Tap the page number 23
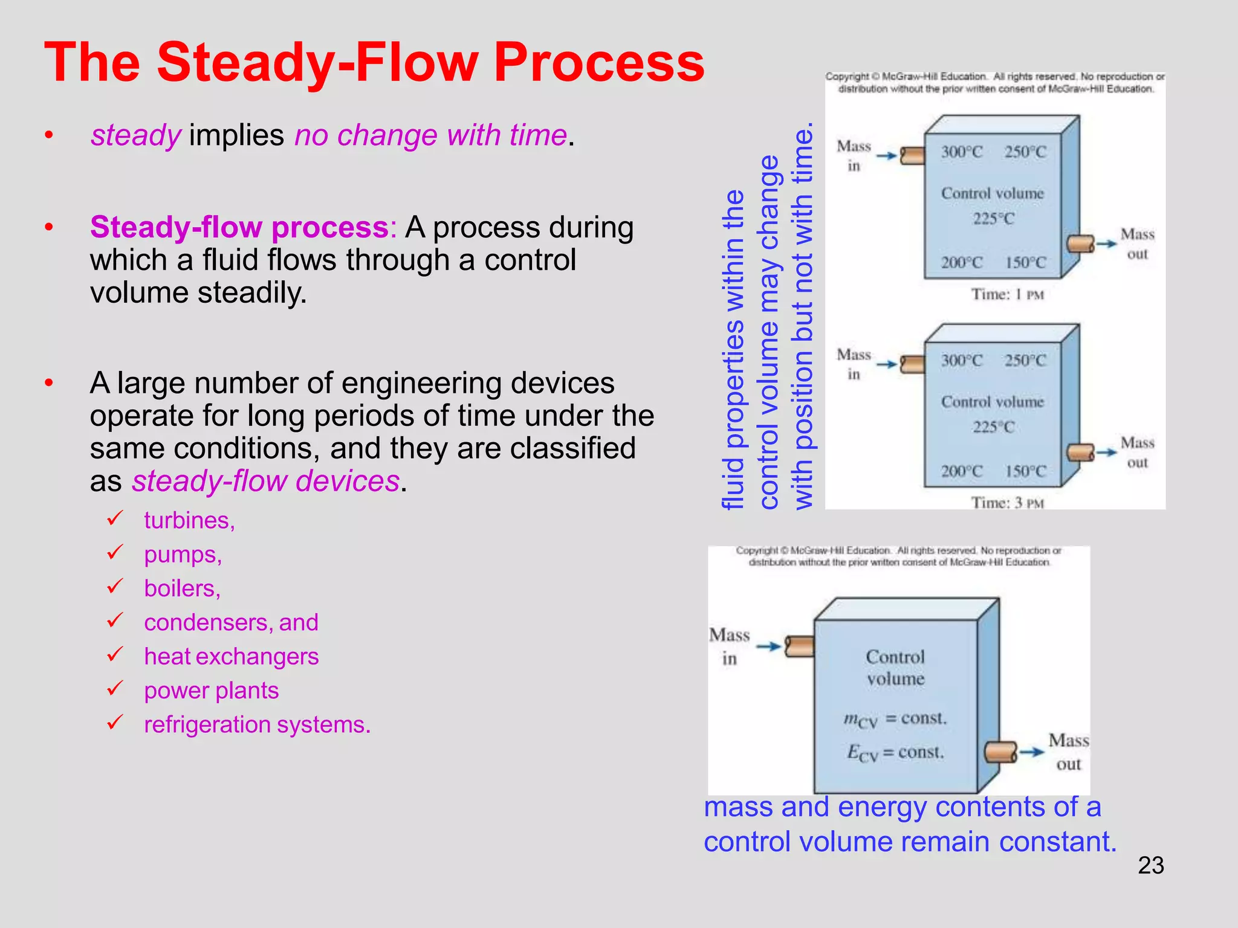click(x=1150, y=865)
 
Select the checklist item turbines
click(x=189, y=520)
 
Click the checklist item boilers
click(x=182, y=588)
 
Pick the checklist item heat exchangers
click(x=231, y=656)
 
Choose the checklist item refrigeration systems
click(x=257, y=724)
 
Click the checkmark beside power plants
click(x=115, y=688)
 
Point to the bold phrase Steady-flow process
click(x=239, y=227)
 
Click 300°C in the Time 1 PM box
click(x=961, y=152)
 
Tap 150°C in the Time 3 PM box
click(x=1025, y=471)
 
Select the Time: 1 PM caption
click(x=1007, y=294)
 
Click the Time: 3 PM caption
click(x=1007, y=503)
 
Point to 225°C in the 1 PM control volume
click(x=993, y=219)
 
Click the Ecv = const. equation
click(x=895, y=753)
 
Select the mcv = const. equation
click(x=895, y=719)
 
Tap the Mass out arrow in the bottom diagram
click(x=1032, y=752)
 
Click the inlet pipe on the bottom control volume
click(x=799, y=646)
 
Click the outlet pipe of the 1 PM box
click(x=1080, y=244)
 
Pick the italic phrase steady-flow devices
click(x=266, y=482)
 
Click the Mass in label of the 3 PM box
click(x=853, y=364)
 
